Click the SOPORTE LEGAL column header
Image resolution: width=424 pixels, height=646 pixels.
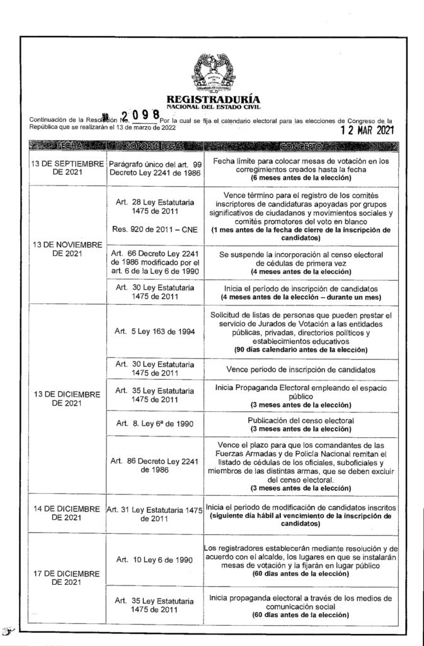pyautogui.click(x=154, y=146)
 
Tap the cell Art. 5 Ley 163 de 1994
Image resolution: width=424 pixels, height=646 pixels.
pyautogui.click(x=154, y=331)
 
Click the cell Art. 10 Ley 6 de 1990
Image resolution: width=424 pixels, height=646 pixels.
pyautogui.click(x=154, y=560)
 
